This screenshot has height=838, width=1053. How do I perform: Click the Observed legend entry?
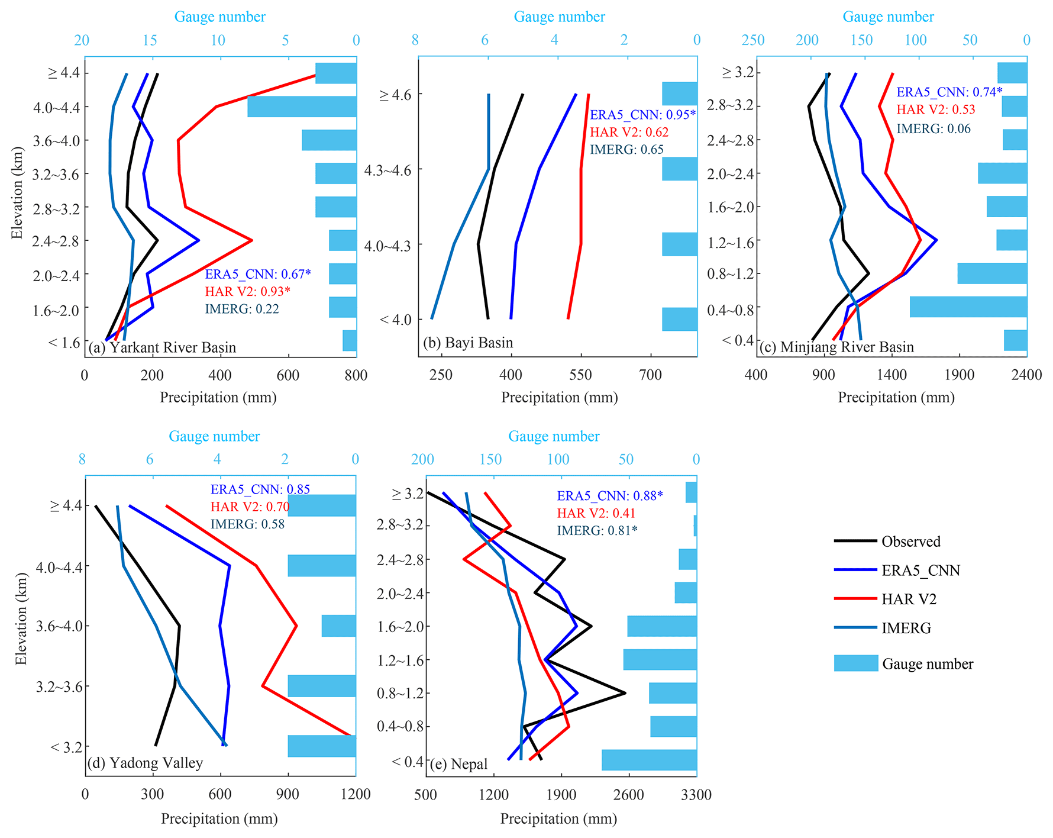pos(910,542)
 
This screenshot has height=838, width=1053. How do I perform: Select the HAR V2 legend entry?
pos(909,600)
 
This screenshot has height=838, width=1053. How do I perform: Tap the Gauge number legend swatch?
pos(856,663)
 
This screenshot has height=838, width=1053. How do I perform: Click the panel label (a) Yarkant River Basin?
pos(162,347)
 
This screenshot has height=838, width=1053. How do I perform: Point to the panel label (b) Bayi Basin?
pos(468,343)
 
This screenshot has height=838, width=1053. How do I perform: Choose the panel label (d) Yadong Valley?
pos(145,763)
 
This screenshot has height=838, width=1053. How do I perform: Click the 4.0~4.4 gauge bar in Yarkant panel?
pos(302,107)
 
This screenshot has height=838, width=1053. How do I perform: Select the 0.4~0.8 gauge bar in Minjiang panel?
pos(968,307)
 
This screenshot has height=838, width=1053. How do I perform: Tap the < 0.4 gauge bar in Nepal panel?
pos(649,760)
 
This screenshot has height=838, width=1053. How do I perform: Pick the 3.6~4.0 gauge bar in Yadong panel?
pos(338,626)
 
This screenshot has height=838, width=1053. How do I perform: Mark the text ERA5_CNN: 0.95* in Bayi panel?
pos(642,115)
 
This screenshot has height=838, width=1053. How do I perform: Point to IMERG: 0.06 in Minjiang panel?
pos(934,128)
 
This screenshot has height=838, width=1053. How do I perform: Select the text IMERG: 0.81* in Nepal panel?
pos(597,530)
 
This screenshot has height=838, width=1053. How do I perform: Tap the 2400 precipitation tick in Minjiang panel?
pos(1026,375)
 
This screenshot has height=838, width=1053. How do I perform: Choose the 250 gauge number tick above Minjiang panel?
pos(753,40)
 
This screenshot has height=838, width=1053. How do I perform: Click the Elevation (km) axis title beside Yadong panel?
pos(21,618)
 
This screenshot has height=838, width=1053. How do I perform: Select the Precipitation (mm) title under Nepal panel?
pos(558,818)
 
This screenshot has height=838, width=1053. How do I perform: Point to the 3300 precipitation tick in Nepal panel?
pos(696,795)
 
